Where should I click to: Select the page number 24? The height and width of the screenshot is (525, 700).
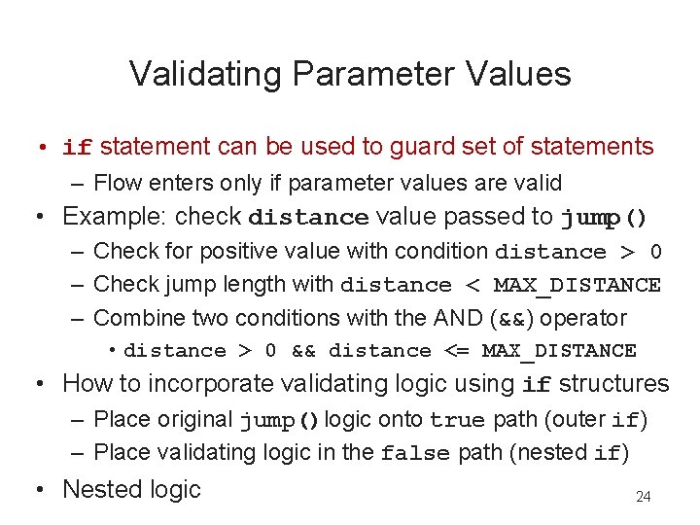[x=643, y=497]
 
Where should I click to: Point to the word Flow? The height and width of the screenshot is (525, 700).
[x=116, y=182]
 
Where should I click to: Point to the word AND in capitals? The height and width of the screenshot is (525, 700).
[x=462, y=318]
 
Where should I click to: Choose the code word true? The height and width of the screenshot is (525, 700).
[x=457, y=420]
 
